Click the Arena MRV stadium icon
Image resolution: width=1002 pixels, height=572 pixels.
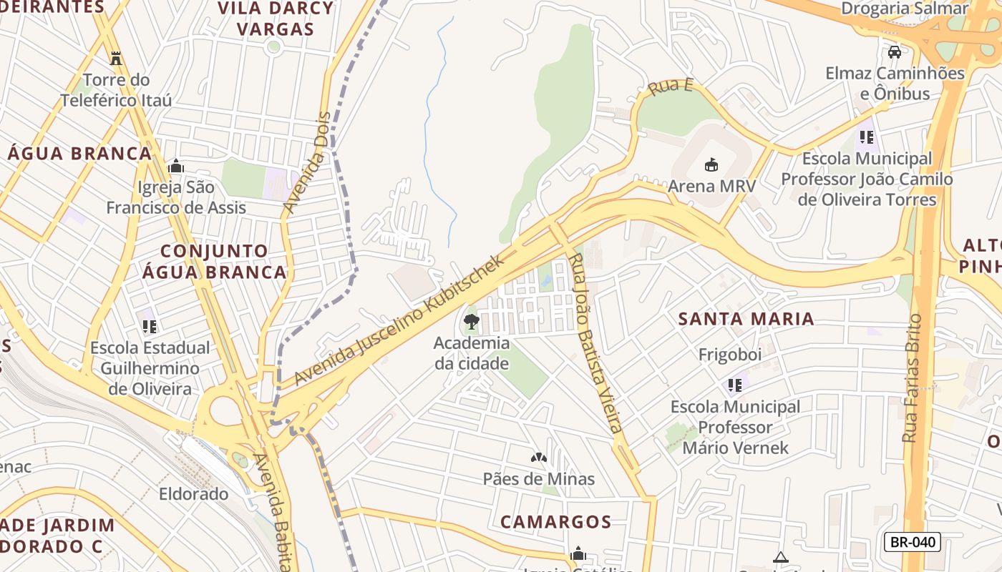click(711, 165)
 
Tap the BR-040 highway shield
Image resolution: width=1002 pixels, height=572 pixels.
click(912, 542)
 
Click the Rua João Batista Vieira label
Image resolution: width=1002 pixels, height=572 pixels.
click(594, 343)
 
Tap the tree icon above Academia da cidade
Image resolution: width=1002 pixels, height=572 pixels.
click(471, 322)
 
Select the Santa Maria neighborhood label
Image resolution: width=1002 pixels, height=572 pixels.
click(746, 319)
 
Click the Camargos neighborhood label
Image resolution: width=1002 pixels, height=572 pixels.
click(555, 522)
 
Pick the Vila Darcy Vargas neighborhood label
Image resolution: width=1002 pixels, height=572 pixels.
click(276, 19)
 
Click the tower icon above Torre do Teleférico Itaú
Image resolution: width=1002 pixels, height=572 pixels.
click(116, 58)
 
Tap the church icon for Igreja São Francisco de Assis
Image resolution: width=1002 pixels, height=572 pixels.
click(176, 167)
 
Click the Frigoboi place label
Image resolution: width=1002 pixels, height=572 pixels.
click(730, 355)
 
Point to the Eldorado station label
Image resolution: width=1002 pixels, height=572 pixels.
click(193, 494)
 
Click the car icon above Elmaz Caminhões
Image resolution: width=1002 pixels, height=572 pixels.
click(894, 51)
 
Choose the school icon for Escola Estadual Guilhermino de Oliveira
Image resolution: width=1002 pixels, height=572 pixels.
click(150, 327)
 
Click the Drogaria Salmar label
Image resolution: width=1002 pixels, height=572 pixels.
click(905, 9)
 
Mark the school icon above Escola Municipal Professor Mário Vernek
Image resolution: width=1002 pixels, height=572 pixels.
click(735, 385)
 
